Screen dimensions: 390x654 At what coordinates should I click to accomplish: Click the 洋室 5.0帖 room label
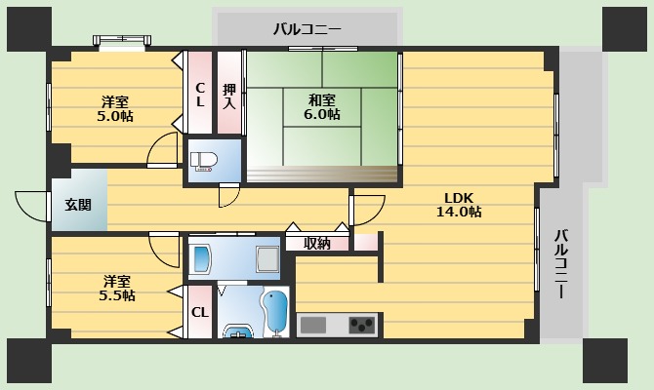[115, 108]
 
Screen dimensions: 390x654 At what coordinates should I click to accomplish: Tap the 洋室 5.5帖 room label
[115, 288]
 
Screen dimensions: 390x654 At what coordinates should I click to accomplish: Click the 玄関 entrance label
[78, 205]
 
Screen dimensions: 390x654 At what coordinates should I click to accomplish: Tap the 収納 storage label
[316, 243]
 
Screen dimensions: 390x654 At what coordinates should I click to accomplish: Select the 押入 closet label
[228, 94]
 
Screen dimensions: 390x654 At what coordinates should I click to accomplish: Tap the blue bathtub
[276, 312]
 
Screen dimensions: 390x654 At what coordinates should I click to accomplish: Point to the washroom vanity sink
[202, 258]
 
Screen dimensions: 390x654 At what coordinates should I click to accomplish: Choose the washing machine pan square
[266, 258]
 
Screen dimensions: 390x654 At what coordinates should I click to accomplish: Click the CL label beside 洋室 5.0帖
[199, 94]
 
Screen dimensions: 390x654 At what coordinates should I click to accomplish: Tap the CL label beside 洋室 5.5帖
[199, 312]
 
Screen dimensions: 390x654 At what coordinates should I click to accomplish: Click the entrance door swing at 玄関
[32, 208]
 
